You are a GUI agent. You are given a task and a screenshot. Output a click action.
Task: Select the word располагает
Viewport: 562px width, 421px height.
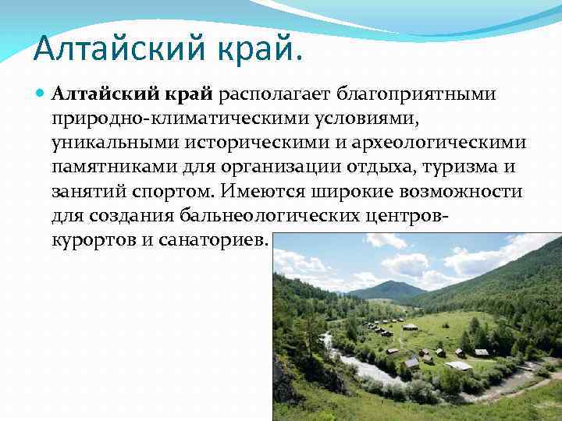point(274,95)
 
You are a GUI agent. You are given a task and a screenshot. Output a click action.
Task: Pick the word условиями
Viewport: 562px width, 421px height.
point(342,119)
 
